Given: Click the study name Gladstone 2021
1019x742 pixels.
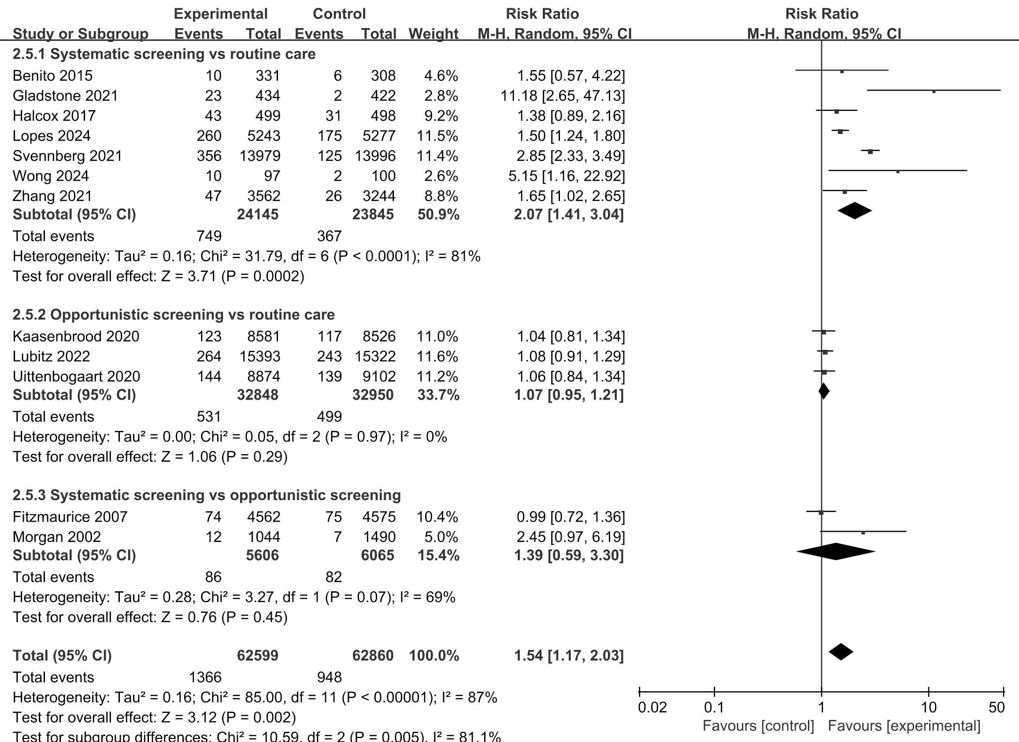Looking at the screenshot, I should (65, 96).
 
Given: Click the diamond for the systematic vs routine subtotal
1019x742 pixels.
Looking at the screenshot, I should (855, 211).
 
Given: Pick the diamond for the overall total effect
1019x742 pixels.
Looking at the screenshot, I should (841, 652).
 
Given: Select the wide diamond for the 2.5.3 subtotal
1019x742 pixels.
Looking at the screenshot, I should (836, 552).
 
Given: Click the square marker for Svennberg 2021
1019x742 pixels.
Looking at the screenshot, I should (870, 152).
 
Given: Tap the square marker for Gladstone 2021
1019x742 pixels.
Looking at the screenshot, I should (934, 91).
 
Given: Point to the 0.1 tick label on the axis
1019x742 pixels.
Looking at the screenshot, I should (714, 707).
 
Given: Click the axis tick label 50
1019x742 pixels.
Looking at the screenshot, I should (997, 707).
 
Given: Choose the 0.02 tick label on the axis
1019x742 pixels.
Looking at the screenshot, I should (652, 707).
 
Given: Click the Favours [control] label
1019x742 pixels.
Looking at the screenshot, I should (758, 726).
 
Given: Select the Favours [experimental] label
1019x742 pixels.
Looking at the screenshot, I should (904, 726).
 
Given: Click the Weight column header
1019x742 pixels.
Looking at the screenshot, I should (433, 33).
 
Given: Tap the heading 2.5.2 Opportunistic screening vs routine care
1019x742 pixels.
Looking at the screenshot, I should (174, 315).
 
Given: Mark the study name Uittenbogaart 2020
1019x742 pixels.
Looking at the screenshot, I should (76, 376).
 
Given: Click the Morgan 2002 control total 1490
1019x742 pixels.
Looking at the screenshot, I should (379, 537).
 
